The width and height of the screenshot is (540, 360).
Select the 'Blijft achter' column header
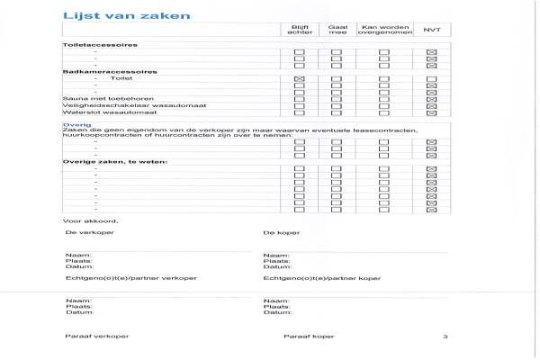click(300, 31)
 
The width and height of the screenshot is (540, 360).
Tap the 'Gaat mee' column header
click(337, 31)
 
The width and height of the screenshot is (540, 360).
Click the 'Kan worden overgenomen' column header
click(384, 31)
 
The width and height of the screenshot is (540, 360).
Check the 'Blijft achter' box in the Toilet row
click(300, 79)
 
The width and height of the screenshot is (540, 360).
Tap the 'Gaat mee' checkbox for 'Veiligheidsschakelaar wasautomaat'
click(337, 104)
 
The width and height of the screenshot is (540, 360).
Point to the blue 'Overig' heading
click(71, 125)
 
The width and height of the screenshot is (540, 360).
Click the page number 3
click(445, 336)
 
